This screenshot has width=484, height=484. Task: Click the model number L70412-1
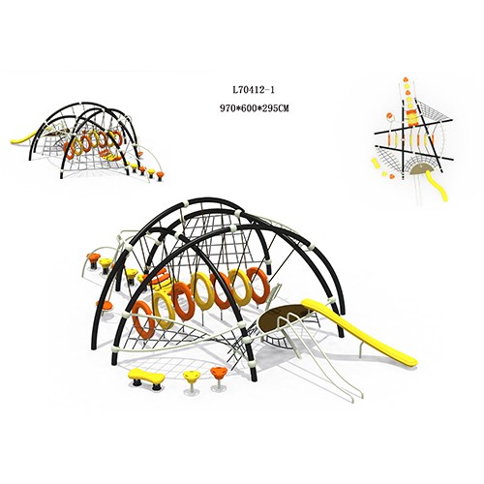254,90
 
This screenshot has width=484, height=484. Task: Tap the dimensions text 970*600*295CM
254,108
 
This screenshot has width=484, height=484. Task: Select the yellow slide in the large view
358,331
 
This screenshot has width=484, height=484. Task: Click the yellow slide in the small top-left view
22,138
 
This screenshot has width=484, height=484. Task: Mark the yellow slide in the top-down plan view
438,185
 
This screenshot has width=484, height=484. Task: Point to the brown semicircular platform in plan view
419,168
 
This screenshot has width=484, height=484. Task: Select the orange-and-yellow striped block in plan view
411,117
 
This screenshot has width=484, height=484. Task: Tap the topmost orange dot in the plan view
406,79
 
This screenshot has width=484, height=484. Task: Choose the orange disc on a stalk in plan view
389,116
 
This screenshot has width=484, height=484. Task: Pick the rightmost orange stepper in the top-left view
161,175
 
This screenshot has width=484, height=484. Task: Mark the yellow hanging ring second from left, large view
164,307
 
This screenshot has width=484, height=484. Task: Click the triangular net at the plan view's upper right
435,112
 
